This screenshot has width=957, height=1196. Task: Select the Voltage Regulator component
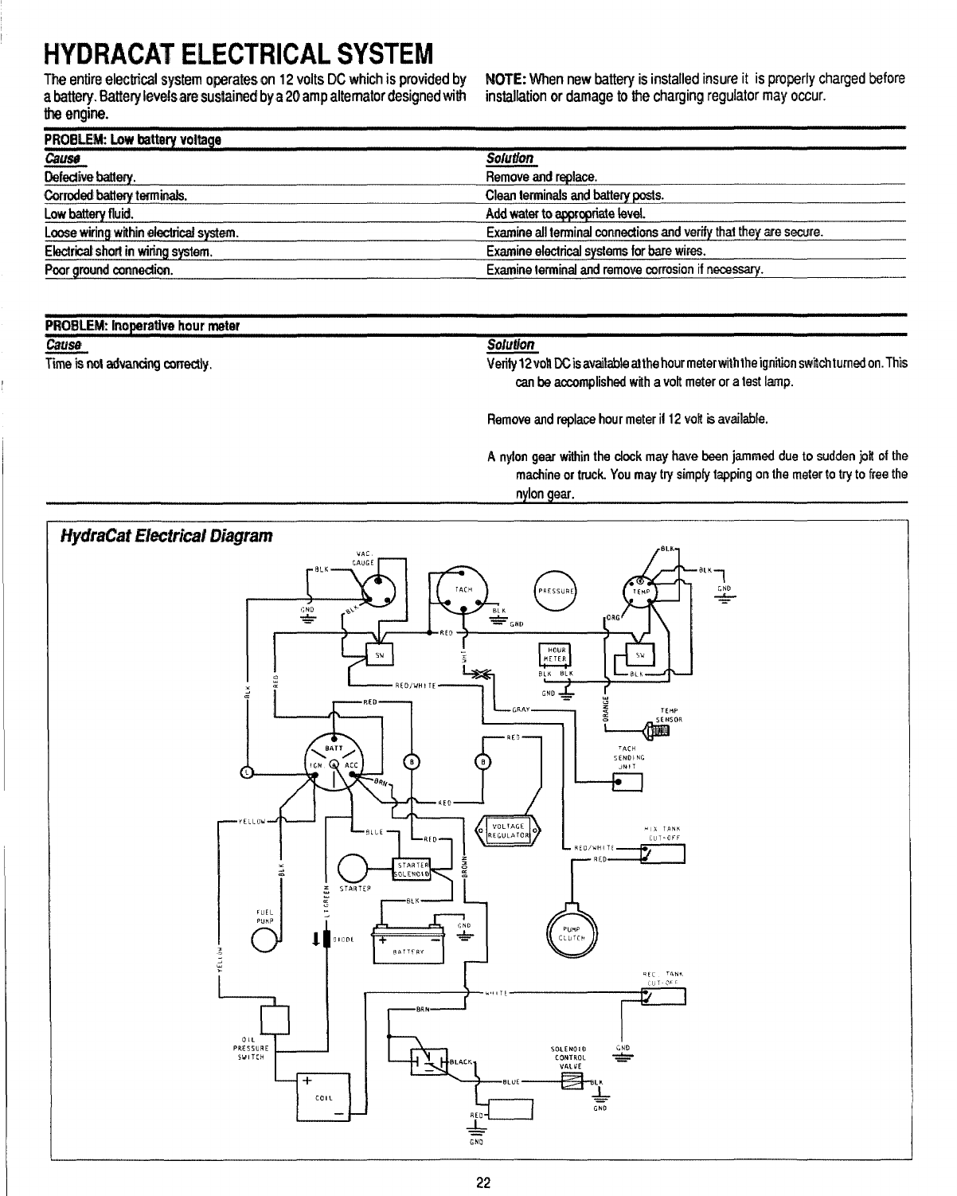(506, 830)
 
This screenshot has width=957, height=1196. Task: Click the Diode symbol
(326, 938)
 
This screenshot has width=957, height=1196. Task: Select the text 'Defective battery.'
(90, 176)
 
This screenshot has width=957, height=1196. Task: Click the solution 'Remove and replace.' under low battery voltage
(541, 176)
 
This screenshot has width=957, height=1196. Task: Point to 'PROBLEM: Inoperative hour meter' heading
(143, 327)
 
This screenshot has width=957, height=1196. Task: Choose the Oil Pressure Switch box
(275, 1018)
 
